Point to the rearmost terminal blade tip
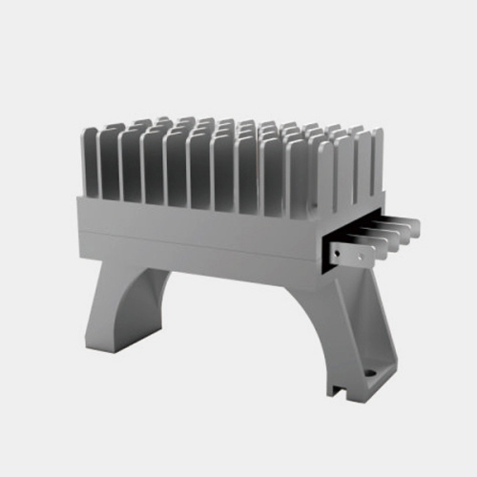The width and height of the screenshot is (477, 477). pyautogui.click(x=413, y=225)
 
